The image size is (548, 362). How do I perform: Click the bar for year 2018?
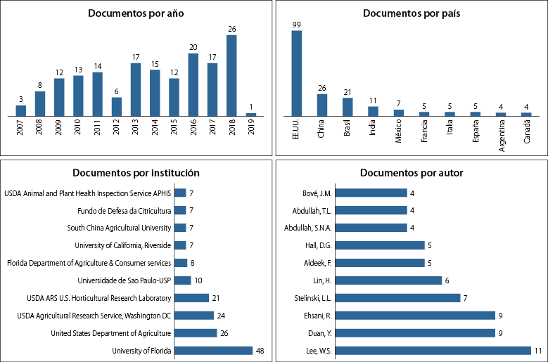coord(231,76)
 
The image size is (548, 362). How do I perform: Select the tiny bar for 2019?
coord(250,115)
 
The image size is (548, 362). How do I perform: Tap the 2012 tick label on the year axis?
coord(117,131)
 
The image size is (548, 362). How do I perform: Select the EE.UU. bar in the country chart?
coord(297,73)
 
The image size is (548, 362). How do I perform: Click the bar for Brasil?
coord(348,107)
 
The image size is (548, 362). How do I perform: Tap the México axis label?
coord(398,132)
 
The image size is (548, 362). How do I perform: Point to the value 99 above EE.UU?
coord(297,25)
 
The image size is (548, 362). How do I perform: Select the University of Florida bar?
coord(213,350)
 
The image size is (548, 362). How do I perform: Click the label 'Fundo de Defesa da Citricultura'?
coord(124,210)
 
